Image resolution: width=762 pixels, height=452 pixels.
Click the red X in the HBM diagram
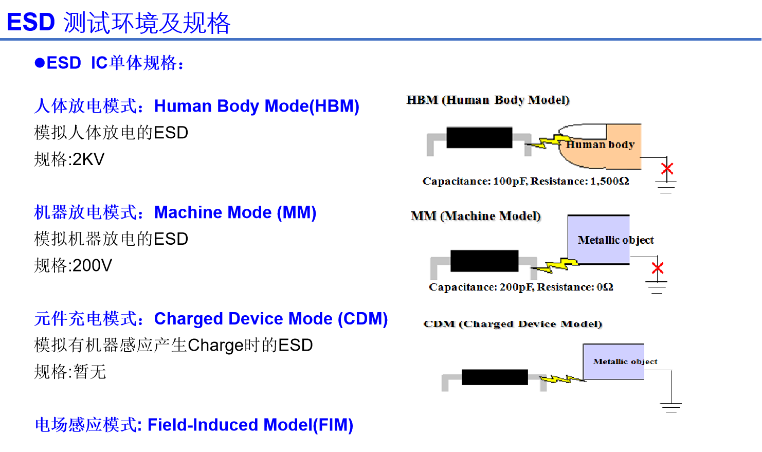tap(667, 168)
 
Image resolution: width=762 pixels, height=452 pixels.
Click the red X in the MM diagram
tap(657, 267)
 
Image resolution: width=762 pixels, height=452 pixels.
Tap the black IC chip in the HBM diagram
tap(479, 137)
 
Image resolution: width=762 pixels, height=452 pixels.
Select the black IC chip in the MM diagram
tap(484, 261)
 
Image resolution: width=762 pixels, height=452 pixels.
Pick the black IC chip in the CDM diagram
tap(495, 377)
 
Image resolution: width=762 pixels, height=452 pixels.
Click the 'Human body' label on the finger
tap(600, 144)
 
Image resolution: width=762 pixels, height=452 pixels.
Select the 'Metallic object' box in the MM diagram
tap(598, 240)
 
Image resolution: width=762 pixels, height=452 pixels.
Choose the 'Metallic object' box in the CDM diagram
tap(613, 361)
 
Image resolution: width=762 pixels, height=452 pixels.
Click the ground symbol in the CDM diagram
tap(671, 407)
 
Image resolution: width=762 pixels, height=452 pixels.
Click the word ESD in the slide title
tap(31, 23)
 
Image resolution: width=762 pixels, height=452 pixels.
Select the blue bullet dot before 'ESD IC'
tap(40, 63)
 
